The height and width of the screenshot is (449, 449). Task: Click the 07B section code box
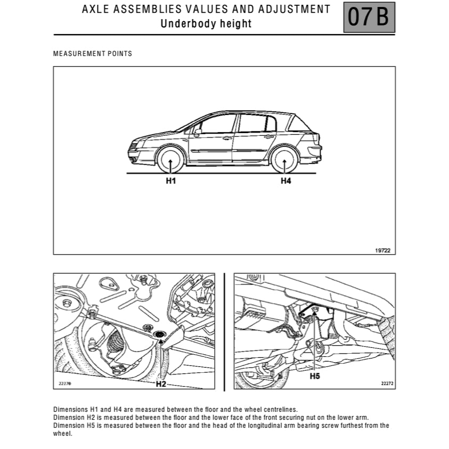coord(369,18)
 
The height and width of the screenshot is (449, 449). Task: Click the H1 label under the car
coord(170,181)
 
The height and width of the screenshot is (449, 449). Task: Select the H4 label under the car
coord(286,181)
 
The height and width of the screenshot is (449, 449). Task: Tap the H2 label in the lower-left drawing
coord(161,383)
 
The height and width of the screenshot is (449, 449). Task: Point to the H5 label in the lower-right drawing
coord(315,376)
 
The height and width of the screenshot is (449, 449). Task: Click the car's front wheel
coord(170,160)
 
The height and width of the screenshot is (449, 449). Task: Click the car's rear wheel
coord(284,160)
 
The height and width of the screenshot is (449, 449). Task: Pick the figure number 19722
coord(382,249)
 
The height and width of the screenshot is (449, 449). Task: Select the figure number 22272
coord(387,383)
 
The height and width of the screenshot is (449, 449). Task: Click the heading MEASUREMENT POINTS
coord(93,54)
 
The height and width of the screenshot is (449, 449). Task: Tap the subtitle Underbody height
coord(206,23)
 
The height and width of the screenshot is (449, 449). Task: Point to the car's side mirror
coord(198,132)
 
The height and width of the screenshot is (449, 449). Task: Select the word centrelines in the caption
coord(277,410)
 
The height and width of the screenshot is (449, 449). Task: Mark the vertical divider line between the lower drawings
coord(224,331)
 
